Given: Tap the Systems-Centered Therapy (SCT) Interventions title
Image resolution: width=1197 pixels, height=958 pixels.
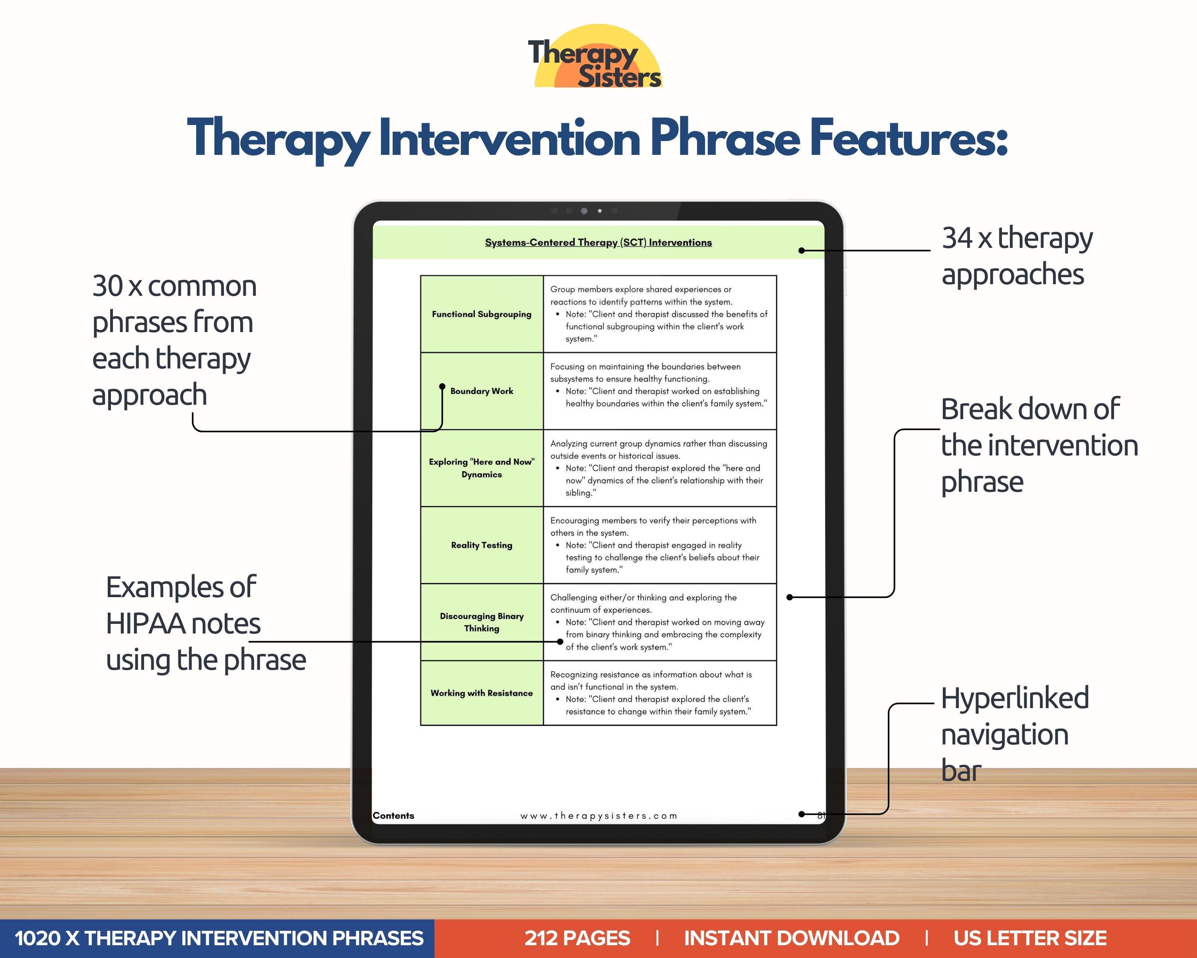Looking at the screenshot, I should click(598, 242).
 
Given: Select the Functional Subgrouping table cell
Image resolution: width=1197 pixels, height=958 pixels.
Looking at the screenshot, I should click(481, 314).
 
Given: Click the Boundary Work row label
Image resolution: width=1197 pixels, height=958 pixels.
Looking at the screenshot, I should click(481, 391).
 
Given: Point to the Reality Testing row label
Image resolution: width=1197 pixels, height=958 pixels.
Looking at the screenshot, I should click(481, 545).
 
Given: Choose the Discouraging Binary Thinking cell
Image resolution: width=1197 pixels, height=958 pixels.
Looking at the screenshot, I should click(481, 622).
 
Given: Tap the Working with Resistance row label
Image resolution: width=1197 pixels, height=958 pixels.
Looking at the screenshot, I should click(481, 693).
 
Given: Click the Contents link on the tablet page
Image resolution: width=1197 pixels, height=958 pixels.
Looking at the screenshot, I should click(393, 815).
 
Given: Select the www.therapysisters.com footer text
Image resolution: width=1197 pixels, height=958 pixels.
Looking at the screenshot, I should click(598, 816).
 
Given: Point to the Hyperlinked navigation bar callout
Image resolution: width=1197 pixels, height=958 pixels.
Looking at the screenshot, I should click(1014, 734).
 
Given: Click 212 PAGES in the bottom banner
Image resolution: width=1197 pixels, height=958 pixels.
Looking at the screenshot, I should click(577, 938).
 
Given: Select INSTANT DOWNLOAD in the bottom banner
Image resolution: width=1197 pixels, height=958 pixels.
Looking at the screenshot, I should click(791, 938).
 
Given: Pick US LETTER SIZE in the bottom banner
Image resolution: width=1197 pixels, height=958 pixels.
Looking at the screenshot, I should click(1030, 938).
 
